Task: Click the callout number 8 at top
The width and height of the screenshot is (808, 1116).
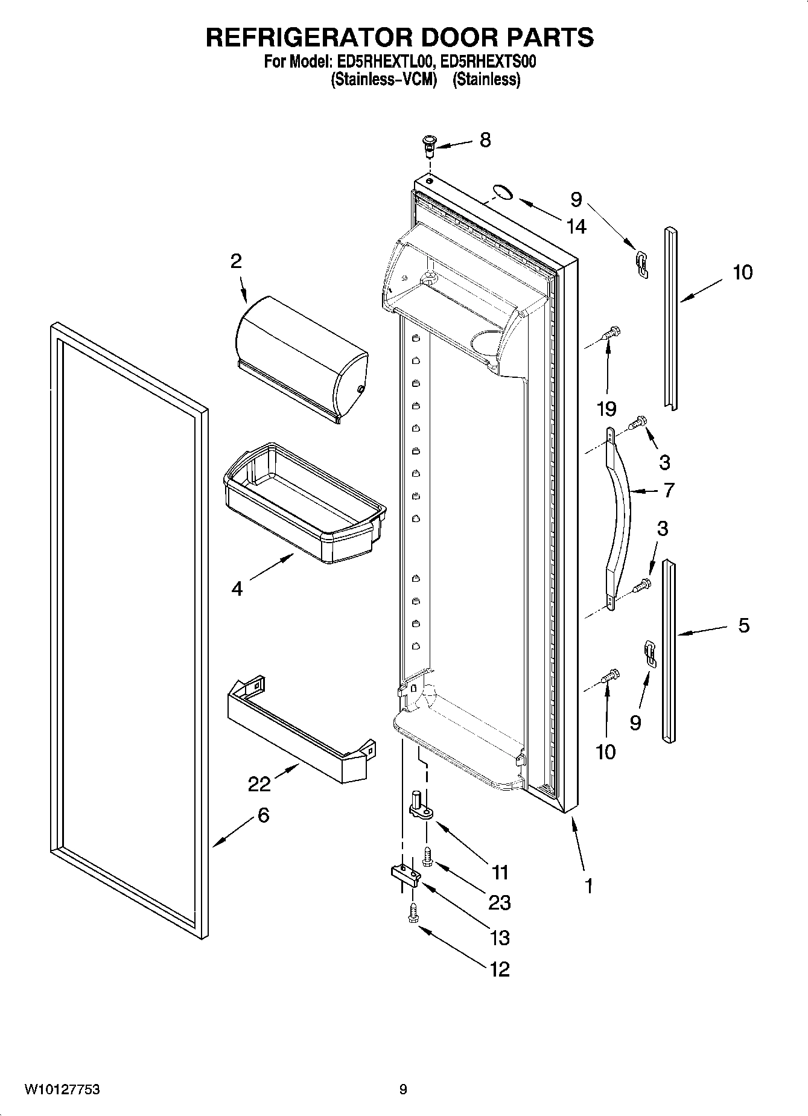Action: pyautogui.click(x=485, y=140)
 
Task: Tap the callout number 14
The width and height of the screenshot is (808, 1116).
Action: pyautogui.click(x=576, y=226)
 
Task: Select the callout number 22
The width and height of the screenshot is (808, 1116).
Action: pyautogui.click(x=259, y=784)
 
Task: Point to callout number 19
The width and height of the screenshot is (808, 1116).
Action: pyautogui.click(x=606, y=409)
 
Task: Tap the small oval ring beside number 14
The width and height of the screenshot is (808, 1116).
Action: pyautogui.click(x=501, y=193)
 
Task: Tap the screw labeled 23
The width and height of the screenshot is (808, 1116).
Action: pyautogui.click(x=428, y=856)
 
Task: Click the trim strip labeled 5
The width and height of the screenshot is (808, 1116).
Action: pyautogui.click(x=669, y=651)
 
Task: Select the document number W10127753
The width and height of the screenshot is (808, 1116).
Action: pyautogui.click(x=62, y=1089)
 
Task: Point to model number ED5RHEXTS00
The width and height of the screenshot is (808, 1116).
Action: pyautogui.click(x=485, y=62)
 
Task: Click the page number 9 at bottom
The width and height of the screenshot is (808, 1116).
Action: pyautogui.click(x=403, y=1089)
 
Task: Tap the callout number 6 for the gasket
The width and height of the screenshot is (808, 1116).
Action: pyautogui.click(x=263, y=815)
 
